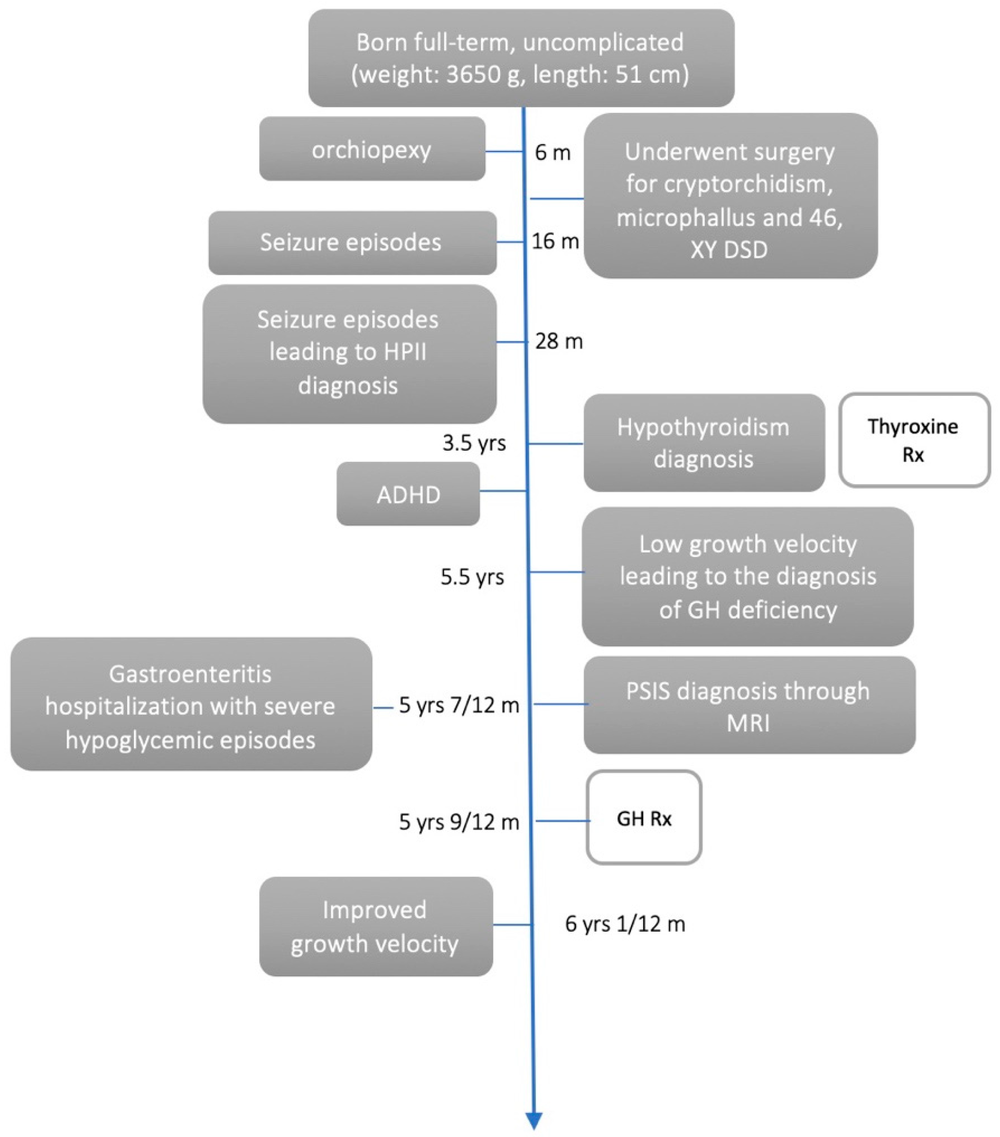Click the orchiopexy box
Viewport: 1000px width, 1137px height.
click(x=372, y=148)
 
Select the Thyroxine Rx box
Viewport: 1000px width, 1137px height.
click(x=914, y=440)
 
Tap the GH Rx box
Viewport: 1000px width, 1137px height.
click(x=644, y=818)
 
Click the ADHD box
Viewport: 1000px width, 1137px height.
click(x=408, y=494)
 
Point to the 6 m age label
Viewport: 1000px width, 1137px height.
click(x=552, y=152)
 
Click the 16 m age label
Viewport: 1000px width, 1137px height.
click(x=555, y=241)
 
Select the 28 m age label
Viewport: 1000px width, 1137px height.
click(x=559, y=341)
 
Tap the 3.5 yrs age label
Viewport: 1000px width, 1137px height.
click(x=474, y=443)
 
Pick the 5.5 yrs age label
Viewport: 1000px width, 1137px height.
click(x=472, y=577)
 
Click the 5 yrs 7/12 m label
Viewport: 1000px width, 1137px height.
click(x=459, y=705)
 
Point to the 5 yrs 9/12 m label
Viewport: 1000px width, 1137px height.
click(x=459, y=822)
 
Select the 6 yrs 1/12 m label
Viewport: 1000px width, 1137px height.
click(x=625, y=924)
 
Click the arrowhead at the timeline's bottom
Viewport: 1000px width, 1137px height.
click(x=533, y=1120)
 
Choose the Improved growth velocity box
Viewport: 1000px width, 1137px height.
click(x=375, y=927)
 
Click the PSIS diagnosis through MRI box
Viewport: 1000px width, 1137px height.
click(x=748, y=705)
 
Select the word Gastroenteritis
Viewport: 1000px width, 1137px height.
click(x=190, y=674)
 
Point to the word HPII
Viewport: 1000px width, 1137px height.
click(x=404, y=352)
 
